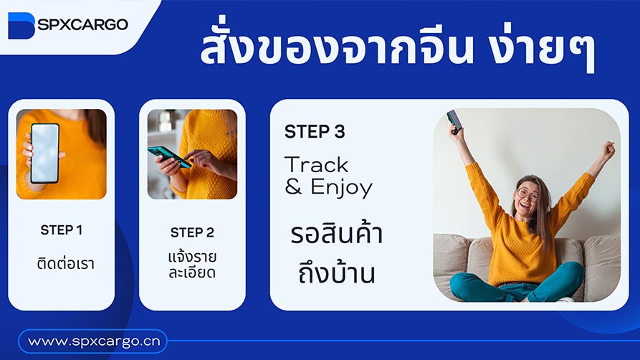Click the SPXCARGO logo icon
(20, 25)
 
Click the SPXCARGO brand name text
(82, 24)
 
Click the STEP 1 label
(62, 230)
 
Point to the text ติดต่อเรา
(65, 263)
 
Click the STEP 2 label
(192, 232)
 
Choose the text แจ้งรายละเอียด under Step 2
(192, 264)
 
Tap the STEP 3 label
(315, 132)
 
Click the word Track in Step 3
(317, 165)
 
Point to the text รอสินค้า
(337, 235)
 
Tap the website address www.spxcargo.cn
(92, 341)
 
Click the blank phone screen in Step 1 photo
(44, 151)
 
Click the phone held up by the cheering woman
(453, 120)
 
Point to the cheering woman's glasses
(527, 194)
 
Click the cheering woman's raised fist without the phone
(608, 149)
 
